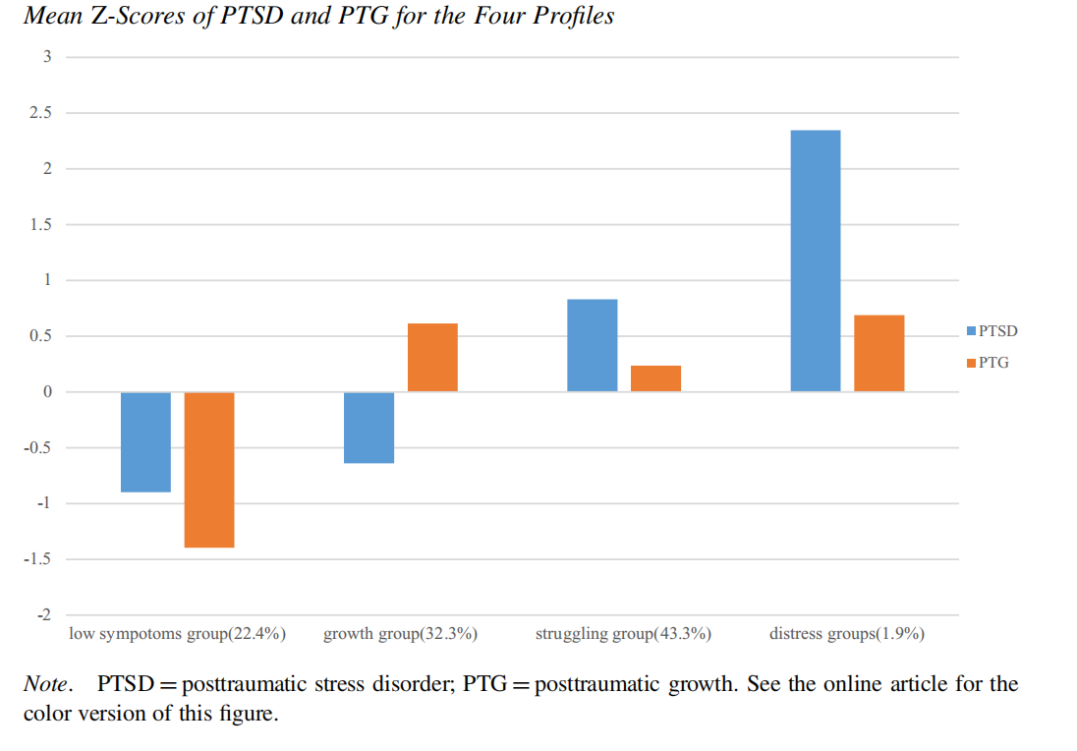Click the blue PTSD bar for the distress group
pos(816,260)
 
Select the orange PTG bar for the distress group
pos(879,353)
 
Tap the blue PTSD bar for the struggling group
pos(593,345)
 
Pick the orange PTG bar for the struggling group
pos(655,378)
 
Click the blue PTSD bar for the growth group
pos(369,428)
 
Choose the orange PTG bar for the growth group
pos(432,357)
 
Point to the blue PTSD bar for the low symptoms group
pos(145,441)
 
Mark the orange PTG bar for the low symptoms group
pos(209,469)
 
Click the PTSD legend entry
pos(992,331)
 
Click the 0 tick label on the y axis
pos(46,392)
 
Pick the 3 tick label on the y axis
pos(46,57)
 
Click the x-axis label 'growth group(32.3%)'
pos(400,634)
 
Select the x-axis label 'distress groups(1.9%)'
pos(847,634)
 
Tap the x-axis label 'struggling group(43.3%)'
pos(623,634)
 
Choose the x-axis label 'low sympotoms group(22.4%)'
pos(177,634)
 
